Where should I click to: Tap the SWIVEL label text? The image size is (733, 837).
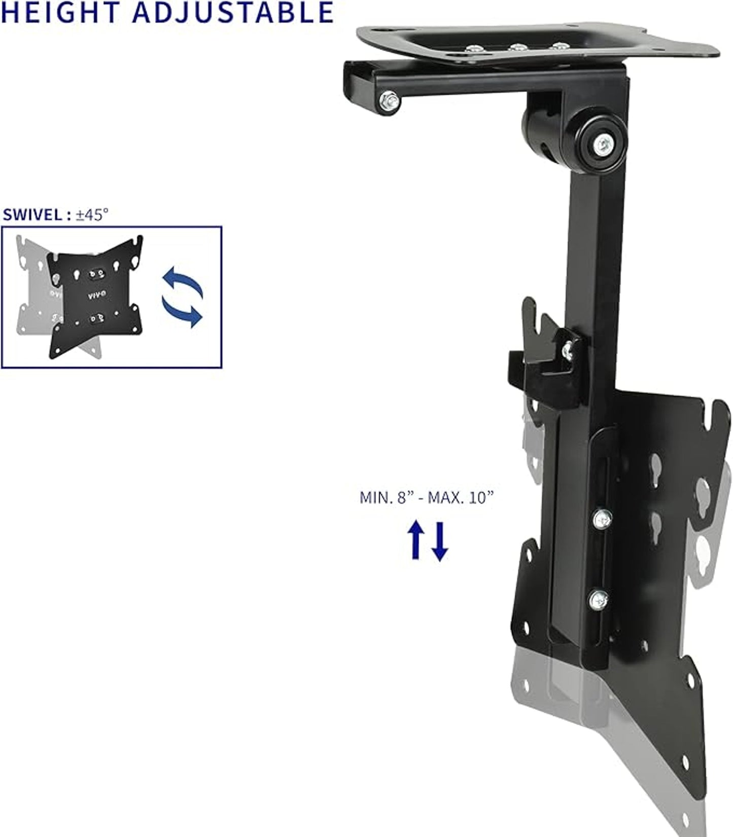32,214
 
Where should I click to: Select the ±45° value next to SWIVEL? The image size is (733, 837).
92,214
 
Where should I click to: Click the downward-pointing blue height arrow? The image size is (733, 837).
439,541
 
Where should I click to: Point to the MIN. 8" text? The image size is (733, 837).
388,497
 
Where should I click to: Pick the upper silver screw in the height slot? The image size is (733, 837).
602,518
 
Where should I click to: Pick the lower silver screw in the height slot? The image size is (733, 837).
599,600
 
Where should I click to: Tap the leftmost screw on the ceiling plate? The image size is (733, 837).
474,49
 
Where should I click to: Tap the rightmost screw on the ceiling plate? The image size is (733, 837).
559,47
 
